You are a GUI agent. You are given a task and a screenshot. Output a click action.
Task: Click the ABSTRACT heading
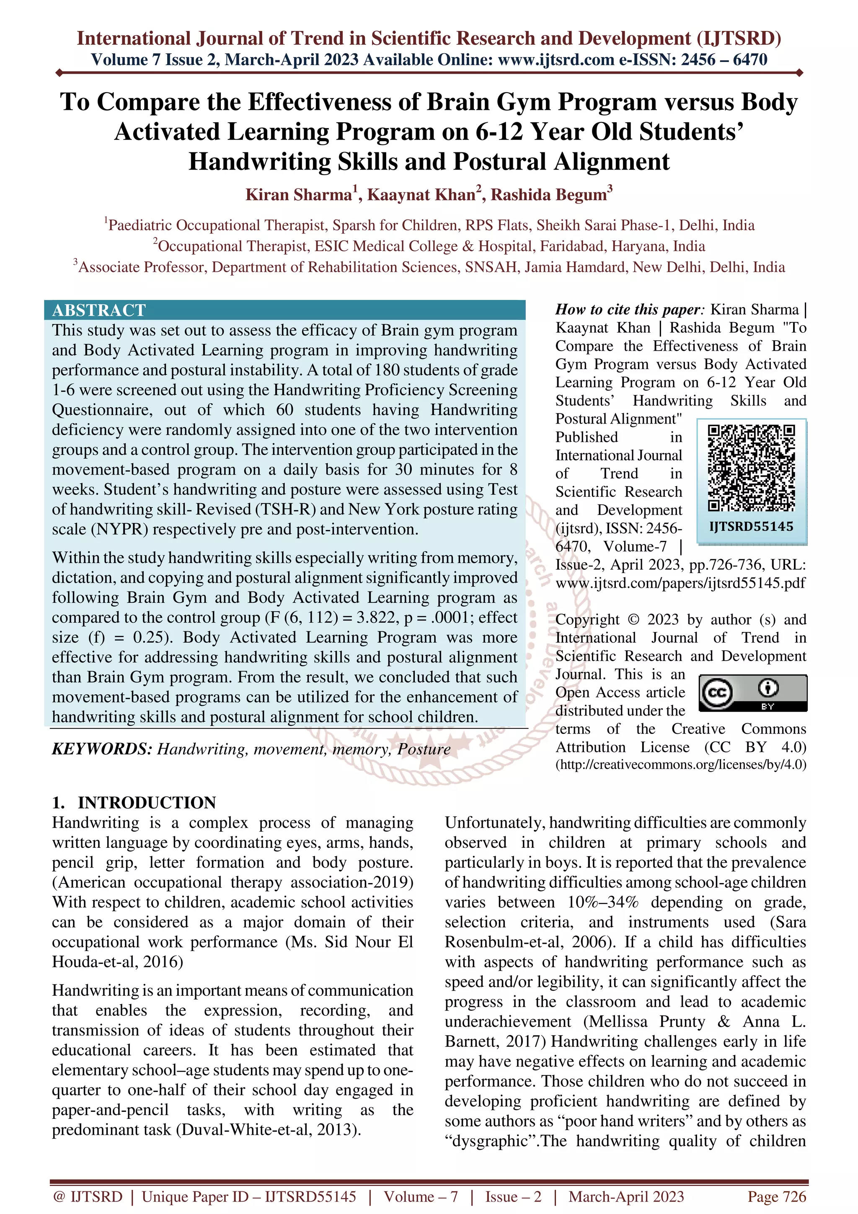(x=99, y=310)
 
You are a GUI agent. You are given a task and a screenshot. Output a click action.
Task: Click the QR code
(x=751, y=468)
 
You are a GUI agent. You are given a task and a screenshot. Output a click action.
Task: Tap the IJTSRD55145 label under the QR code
(x=751, y=527)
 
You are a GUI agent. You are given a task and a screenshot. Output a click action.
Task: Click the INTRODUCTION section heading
(x=147, y=803)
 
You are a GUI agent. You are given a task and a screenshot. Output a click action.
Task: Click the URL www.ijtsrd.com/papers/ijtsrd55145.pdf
(x=680, y=583)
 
